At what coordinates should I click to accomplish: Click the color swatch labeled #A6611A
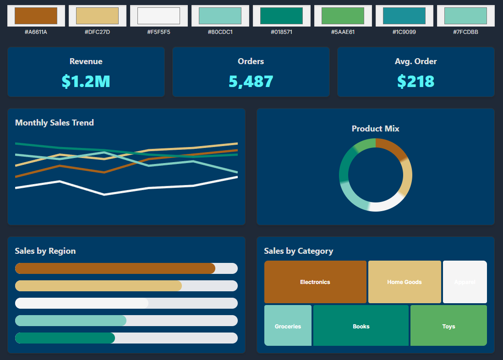click(36, 16)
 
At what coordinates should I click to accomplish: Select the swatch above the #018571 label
click(281, 16)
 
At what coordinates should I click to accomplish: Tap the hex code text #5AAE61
click(343, 32)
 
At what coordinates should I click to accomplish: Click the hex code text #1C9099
click(404, 32)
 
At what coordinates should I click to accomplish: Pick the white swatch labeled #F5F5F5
click(159, 16)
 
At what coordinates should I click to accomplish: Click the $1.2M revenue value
click(86, 81)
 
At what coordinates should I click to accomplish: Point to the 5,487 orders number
click(251, 81)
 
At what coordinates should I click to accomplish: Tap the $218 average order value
click(416, 81)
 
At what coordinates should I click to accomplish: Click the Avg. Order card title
click(416, 61)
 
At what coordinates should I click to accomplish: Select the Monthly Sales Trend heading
click(55, 122)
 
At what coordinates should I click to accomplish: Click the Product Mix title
click(375, 129)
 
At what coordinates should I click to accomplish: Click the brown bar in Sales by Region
click(115, 268)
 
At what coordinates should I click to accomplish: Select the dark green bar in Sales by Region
click(65, 338)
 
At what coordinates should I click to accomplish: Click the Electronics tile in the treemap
click(315, 282)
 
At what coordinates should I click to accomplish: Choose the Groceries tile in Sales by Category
click(288, 326)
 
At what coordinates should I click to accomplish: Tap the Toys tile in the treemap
click(448, 326)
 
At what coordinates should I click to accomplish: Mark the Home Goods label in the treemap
click(404, 282)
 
